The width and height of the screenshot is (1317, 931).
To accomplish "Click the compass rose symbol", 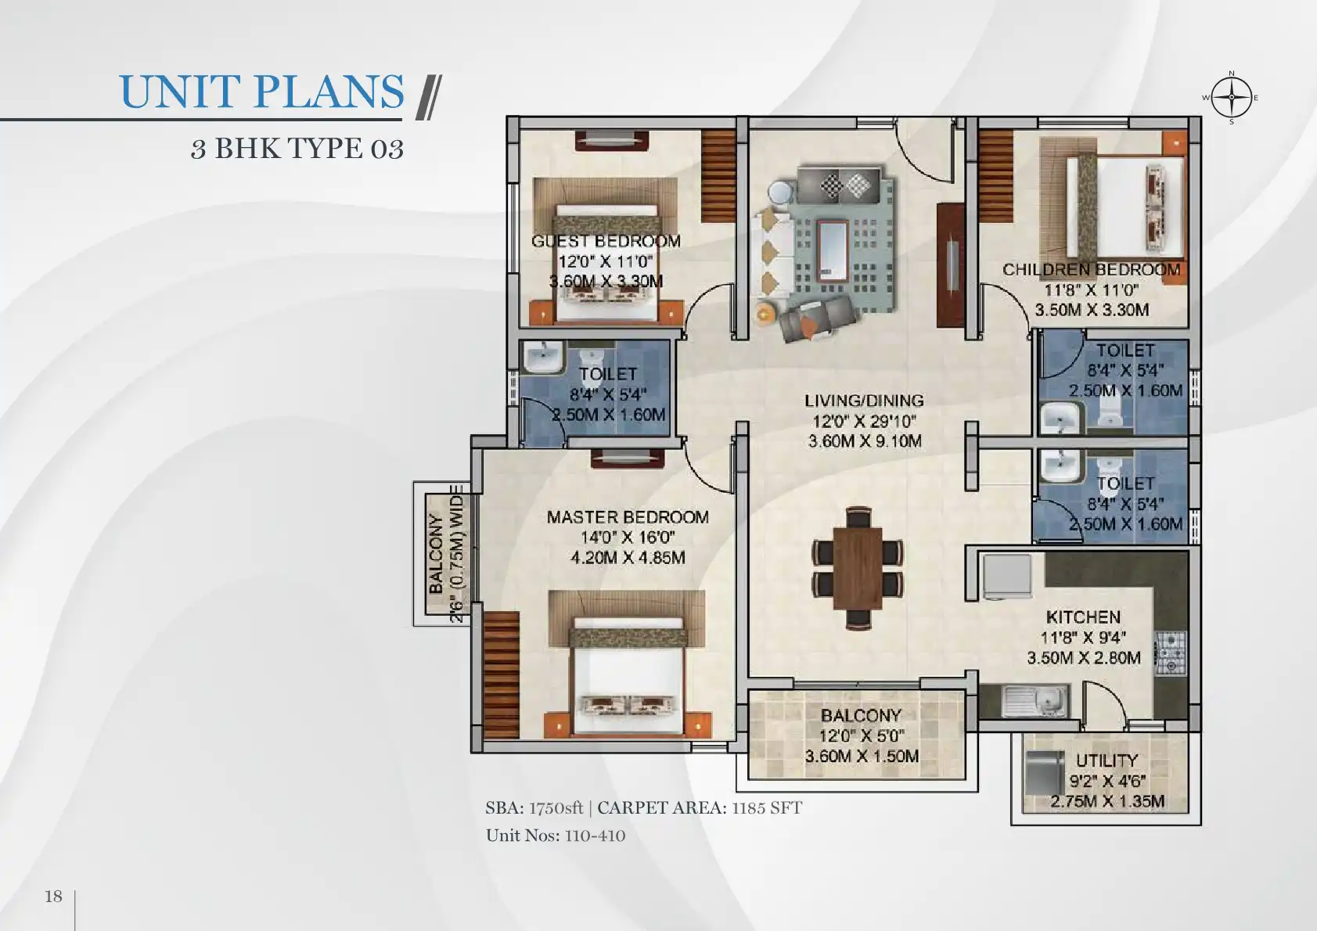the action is click(x=1231, y=98).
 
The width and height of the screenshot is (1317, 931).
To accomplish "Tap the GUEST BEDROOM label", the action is click(x=606, y=241).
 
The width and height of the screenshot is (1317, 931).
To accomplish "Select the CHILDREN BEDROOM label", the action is click(x=1091, y=270).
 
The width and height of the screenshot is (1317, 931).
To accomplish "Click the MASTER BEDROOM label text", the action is click(x=628, y=517).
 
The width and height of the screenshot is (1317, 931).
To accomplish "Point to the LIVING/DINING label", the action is click(x=864, y=401).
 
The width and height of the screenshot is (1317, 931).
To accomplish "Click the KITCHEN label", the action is click(x=1083, y=617).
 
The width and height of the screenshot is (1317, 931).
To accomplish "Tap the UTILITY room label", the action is click(x=1107, y=760).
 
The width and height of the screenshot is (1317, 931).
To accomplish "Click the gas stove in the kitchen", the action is click(x=1171, y=652).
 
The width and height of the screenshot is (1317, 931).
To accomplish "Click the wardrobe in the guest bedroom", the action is click(x=718, y=176).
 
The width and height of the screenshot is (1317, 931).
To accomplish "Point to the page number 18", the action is click(x=53, y=897).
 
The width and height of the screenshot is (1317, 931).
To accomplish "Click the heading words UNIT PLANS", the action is click(x=262, y=92).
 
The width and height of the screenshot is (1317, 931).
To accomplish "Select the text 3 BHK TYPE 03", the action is click(x=297, y=149).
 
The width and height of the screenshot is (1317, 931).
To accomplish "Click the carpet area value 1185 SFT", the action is click(x=767, y=808).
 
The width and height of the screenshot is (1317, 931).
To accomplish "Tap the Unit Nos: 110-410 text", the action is click(x=556, y=836).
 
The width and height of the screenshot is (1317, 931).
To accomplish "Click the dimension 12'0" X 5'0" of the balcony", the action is click(x=862, y=736).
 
